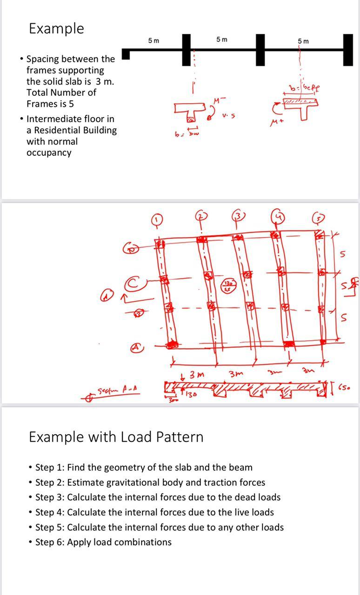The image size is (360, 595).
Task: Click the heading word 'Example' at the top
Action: [56, 28]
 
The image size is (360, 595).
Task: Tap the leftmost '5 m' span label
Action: [153, 40]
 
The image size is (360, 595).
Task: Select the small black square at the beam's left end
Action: [125, 55]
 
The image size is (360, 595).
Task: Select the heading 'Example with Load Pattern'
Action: [116, 437]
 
